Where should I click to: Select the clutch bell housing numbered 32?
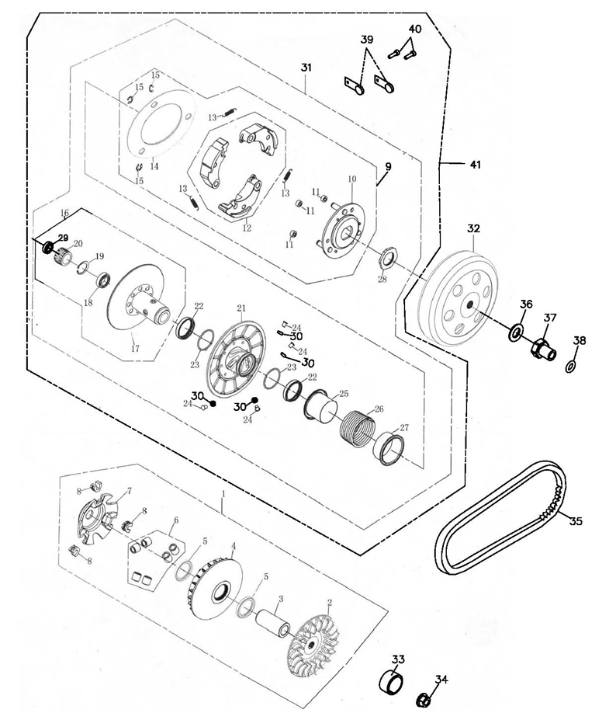click(x=460, y=298)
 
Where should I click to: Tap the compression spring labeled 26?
click(x=357, y=426)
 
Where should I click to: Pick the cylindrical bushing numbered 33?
click(x=391, y=680)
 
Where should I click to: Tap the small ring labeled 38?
click(x=571, y=367)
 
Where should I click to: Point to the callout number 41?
click(x=476, y=165)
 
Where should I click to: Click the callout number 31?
click(x=306, y=68)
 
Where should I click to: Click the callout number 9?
click(x=388, y=166)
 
